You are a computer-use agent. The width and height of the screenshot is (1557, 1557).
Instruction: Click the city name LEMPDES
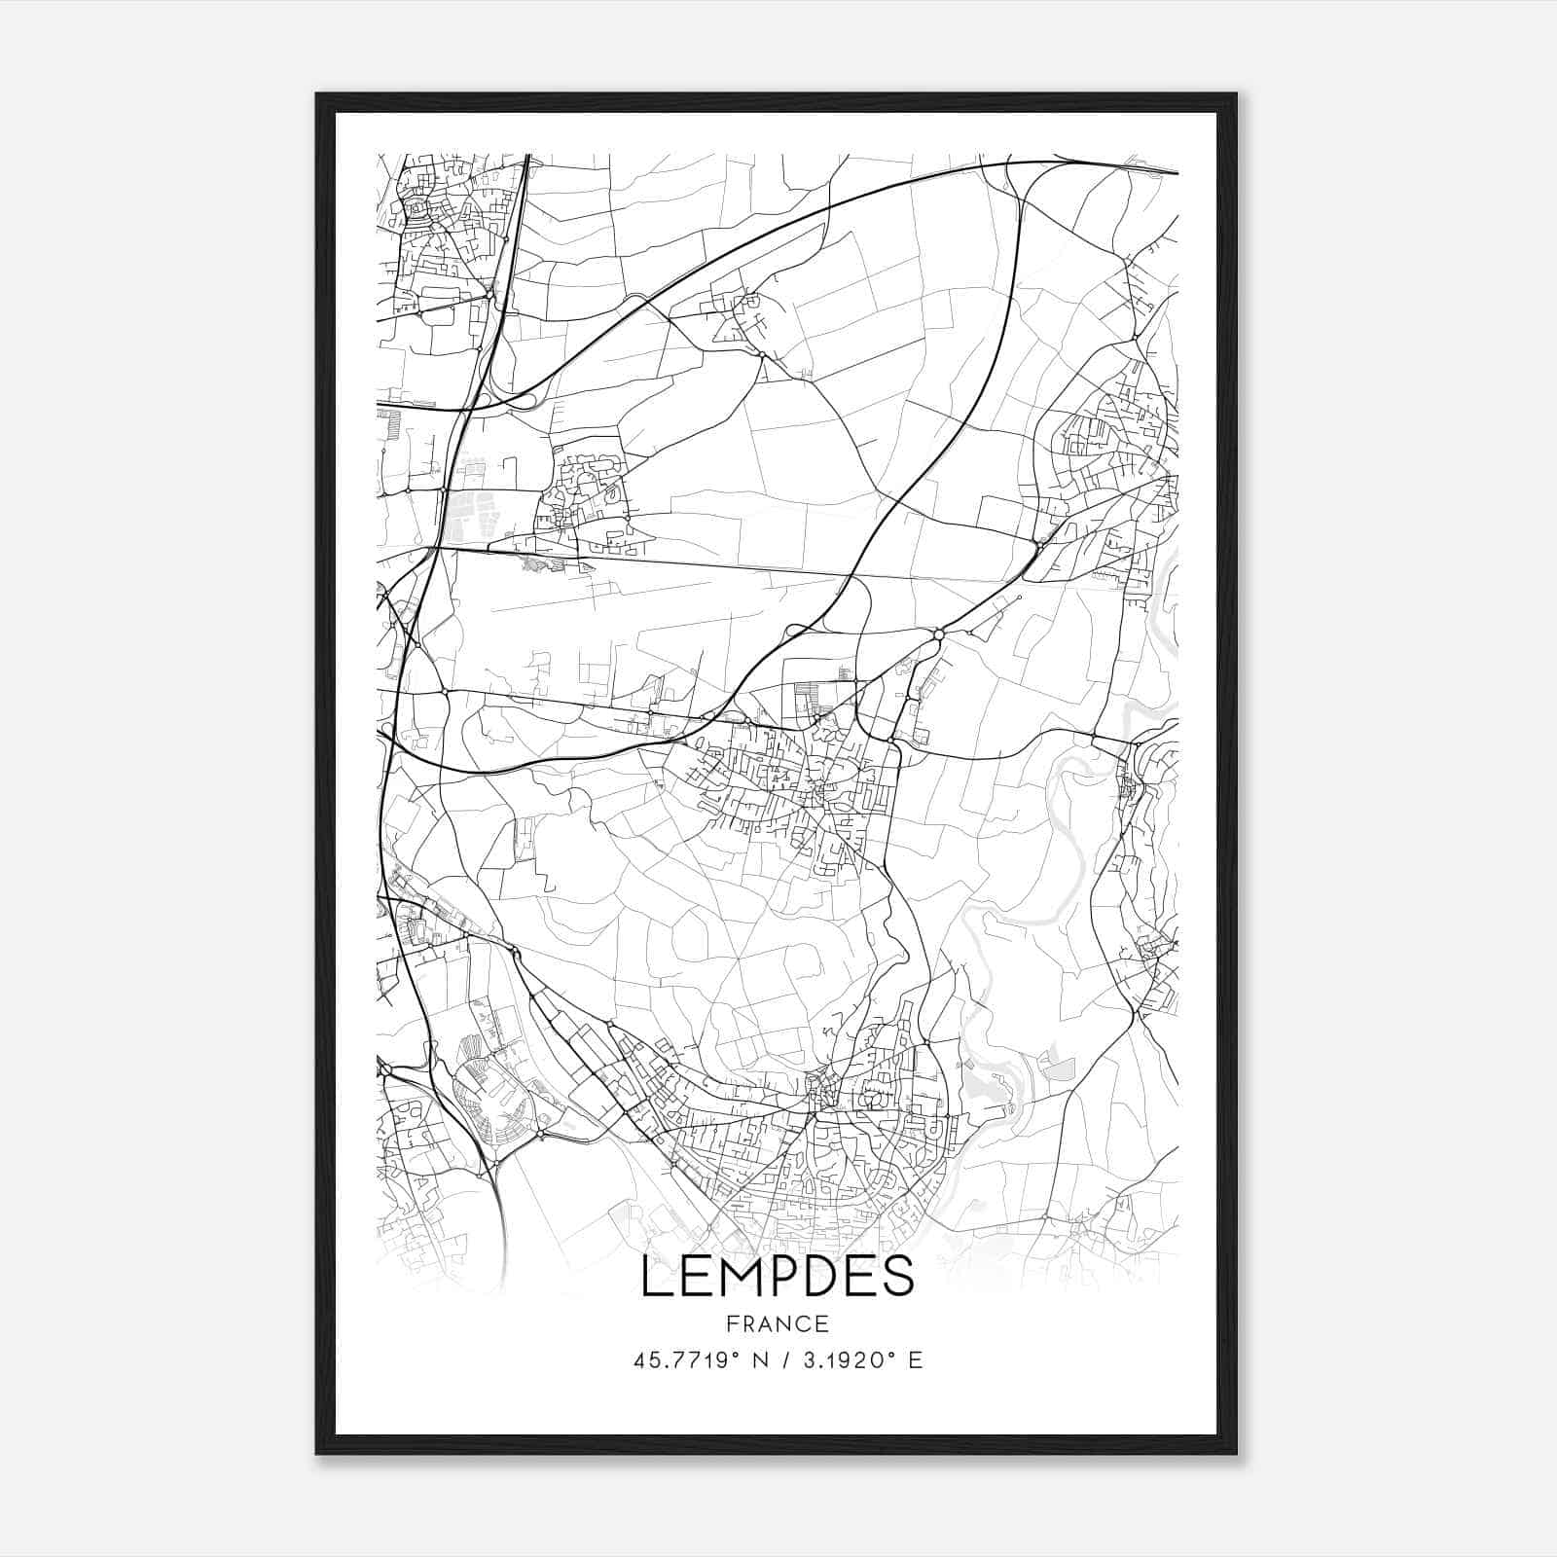click(x=778, y=1276)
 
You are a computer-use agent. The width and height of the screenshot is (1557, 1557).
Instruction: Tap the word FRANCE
click(x=778, y=1323)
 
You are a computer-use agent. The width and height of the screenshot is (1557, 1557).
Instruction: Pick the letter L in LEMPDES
click(x=655, y=1276)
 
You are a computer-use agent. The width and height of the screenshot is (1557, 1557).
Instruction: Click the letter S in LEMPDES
click(x=898, y=1276)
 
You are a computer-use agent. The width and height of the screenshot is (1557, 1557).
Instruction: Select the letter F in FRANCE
click(x=731, y=1323)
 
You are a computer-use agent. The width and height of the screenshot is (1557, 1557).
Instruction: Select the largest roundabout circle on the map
click(x=939, y=634)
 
